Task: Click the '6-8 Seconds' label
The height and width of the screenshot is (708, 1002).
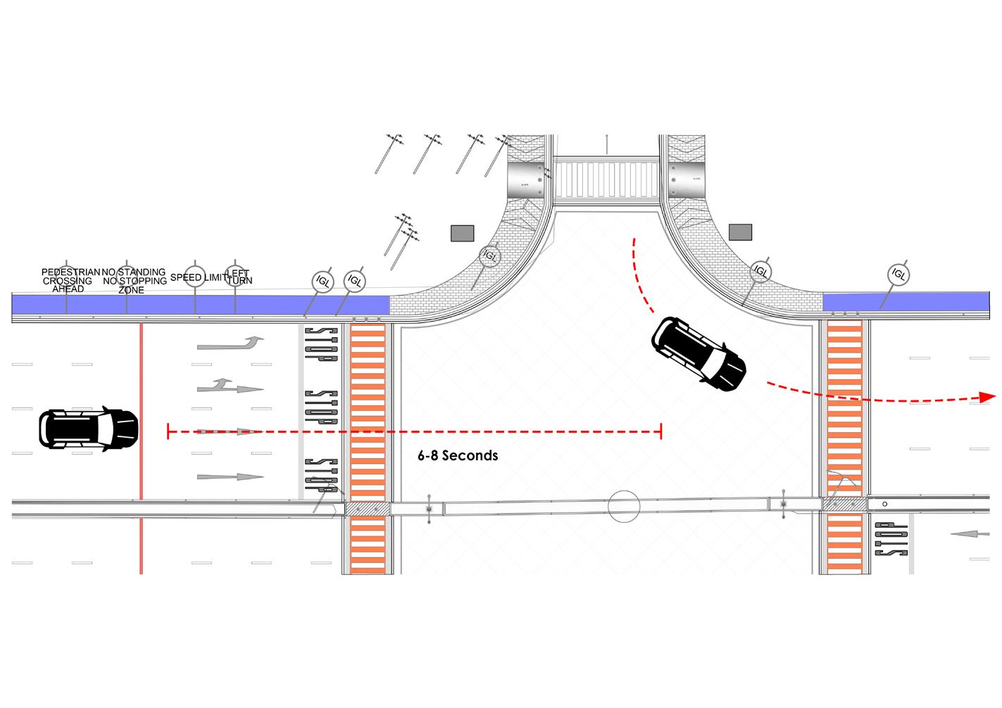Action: point(458,456)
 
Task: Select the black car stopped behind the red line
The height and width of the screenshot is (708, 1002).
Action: point(88,429)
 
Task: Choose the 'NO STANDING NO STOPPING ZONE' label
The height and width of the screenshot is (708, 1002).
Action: point(134,280)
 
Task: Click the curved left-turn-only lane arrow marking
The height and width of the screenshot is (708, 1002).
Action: point(230,343)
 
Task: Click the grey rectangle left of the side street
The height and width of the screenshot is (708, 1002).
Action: point(462,232)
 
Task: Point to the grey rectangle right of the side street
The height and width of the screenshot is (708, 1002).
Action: point(740,232)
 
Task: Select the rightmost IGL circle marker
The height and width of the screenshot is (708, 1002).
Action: point(898,273)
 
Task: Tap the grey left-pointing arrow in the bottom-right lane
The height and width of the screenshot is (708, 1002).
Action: point(975,534)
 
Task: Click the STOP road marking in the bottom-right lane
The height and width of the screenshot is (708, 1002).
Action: point(890,539)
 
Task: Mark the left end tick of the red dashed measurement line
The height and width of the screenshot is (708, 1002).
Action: point(168,431)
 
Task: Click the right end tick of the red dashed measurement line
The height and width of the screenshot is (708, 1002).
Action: point(660,431)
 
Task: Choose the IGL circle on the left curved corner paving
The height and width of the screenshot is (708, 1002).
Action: point(490,256)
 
